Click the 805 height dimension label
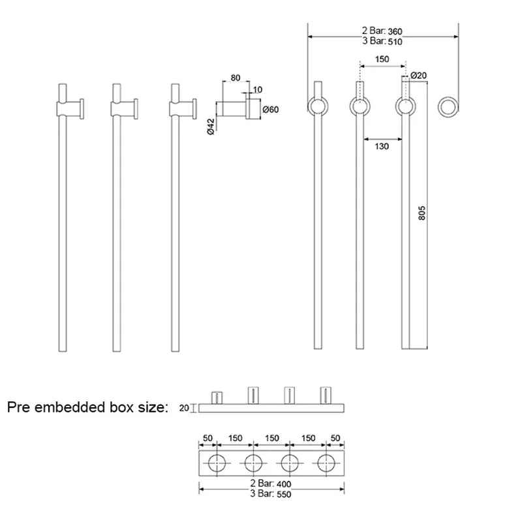pyautogui.click(x=422, y=213)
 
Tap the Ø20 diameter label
pyautogui.click(x=418, y=76)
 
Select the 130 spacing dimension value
pyautogui.click(x=382, y=146)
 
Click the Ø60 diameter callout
pyautogui.click(x=270, y=110)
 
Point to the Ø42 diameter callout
pyautogui.click(x=211, y=127)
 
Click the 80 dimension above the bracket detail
pyautogui.click(x=236, y=78)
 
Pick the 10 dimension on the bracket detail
pyautogui.click(x=258, y=89)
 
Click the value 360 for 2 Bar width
pyautogui.click(x=395, y=31)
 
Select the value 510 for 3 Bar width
pyautogui.click(x=395, y=42)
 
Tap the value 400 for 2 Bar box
pyautogui.click(x=284, y=484)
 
